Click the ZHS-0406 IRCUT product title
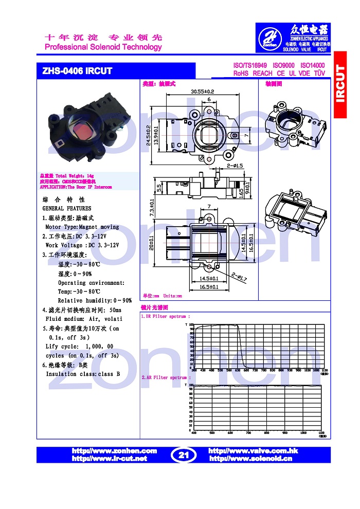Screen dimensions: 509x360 [x=77, y=71]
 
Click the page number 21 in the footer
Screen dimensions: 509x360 [x=184, y=455]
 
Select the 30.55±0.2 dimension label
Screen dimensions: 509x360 [x=202, y=92]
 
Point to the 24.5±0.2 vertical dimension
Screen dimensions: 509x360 [x=149, y=134]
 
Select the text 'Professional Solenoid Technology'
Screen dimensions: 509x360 [x=103, y=47]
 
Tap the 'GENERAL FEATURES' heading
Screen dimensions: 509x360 [x=67, y=208]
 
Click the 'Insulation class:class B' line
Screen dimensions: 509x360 [x=83, y=374]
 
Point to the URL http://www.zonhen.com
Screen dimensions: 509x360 [x=114, y=450]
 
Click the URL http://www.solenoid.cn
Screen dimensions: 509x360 [x=250, y=458]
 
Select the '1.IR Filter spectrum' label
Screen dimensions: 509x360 [x=166, y=317]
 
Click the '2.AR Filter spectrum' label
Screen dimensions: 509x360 [x=166, y=377]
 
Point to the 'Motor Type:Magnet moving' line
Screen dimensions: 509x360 [x=82, y=227]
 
